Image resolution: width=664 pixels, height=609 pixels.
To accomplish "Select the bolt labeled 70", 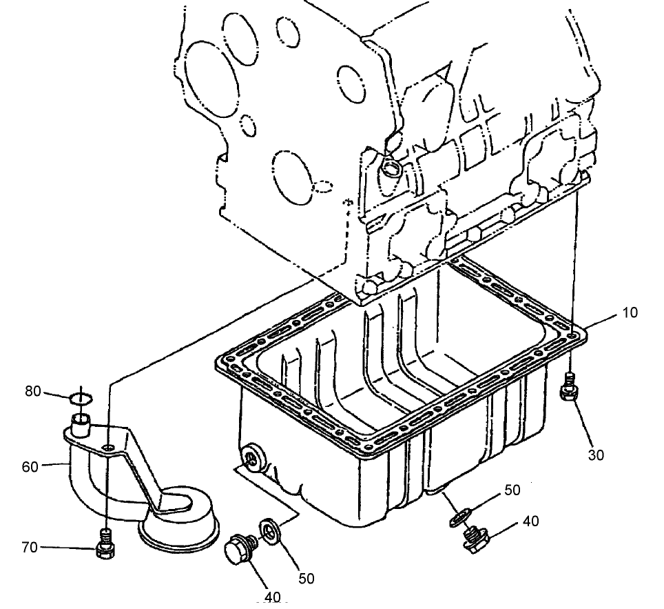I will pos(105,543).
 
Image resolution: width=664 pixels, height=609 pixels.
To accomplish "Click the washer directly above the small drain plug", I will pos(459,516).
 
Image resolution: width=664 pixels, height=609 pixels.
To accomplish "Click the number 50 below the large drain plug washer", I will pos(305,578).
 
